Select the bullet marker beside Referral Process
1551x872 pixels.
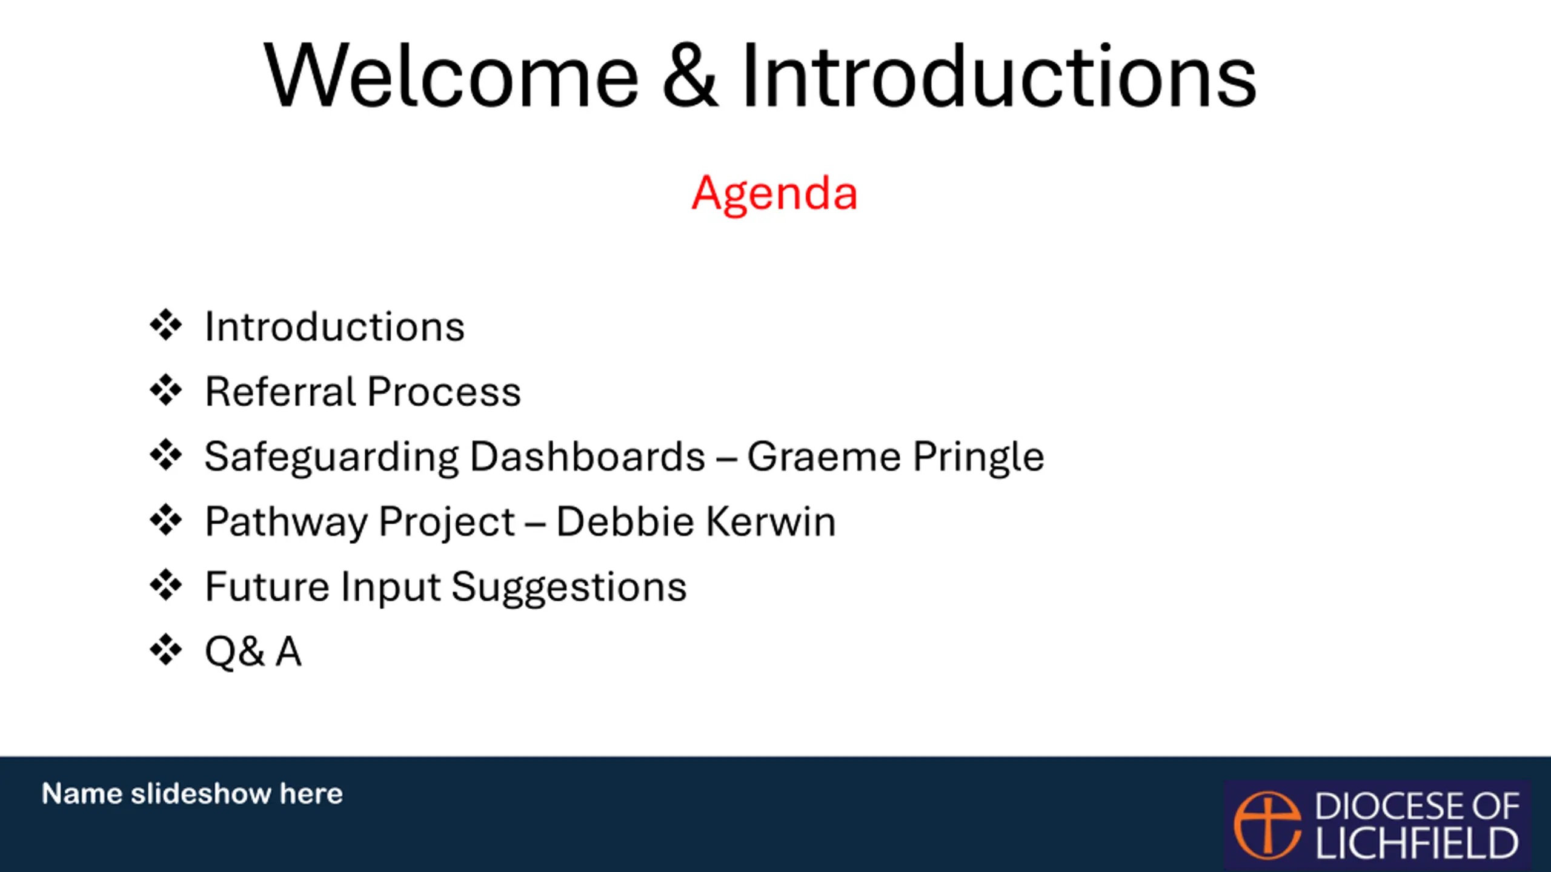coord(165,390)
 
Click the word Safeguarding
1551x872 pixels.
coord(331,457)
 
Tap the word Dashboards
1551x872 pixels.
coord(588,456)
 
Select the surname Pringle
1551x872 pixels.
coord(978,457)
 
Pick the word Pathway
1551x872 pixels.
coord(286,522)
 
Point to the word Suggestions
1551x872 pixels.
coord(569,587)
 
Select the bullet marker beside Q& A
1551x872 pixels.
coord(165,650)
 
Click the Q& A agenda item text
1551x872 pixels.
coord(253,652)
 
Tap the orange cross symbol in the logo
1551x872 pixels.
coord(1267,825)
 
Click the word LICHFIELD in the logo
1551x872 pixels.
coord(1417,844)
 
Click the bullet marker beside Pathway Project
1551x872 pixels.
coord(165,520)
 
